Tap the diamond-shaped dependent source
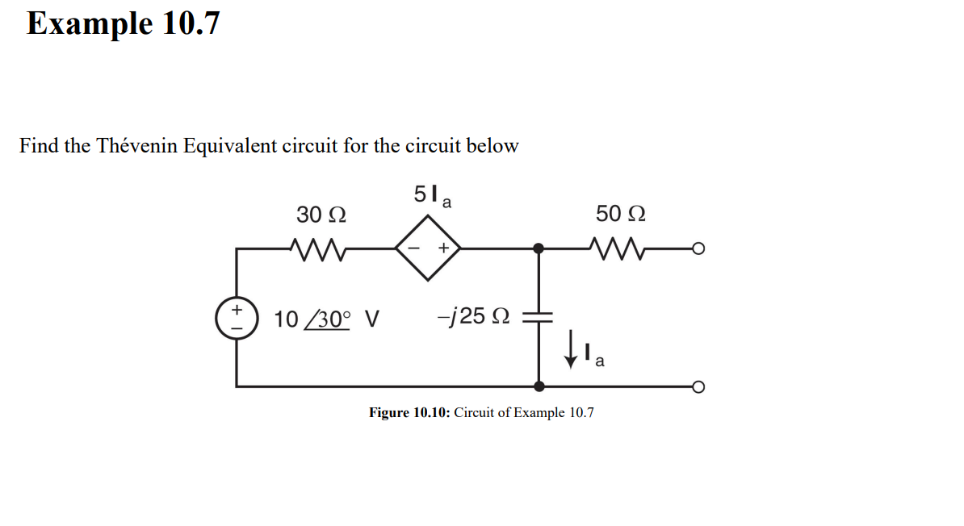tap(428, 248)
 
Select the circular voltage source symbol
tap(237, 317)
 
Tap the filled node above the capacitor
tap(539, 248)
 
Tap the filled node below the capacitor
tap(539, 386)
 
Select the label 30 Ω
tap(321, 215)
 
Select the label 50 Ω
tap(620, 214)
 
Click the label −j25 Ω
tap(473, 317)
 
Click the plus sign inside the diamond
tap(443, 248)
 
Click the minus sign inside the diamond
tap(413, 248)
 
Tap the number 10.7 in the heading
tap(191, 23)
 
